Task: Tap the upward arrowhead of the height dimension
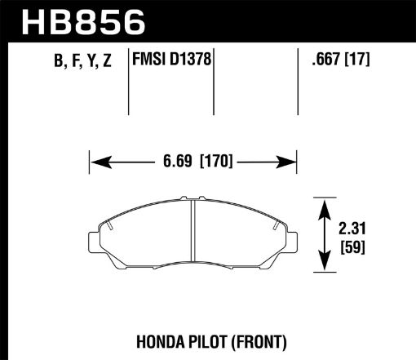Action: click(x=325, y=203)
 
